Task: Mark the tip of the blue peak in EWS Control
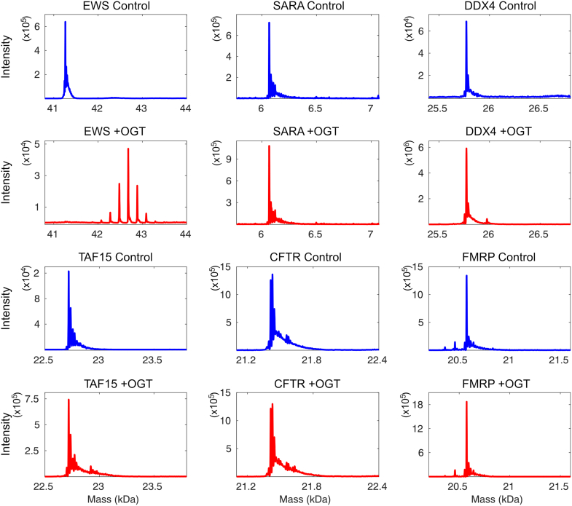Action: click(x=66, y=22)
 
